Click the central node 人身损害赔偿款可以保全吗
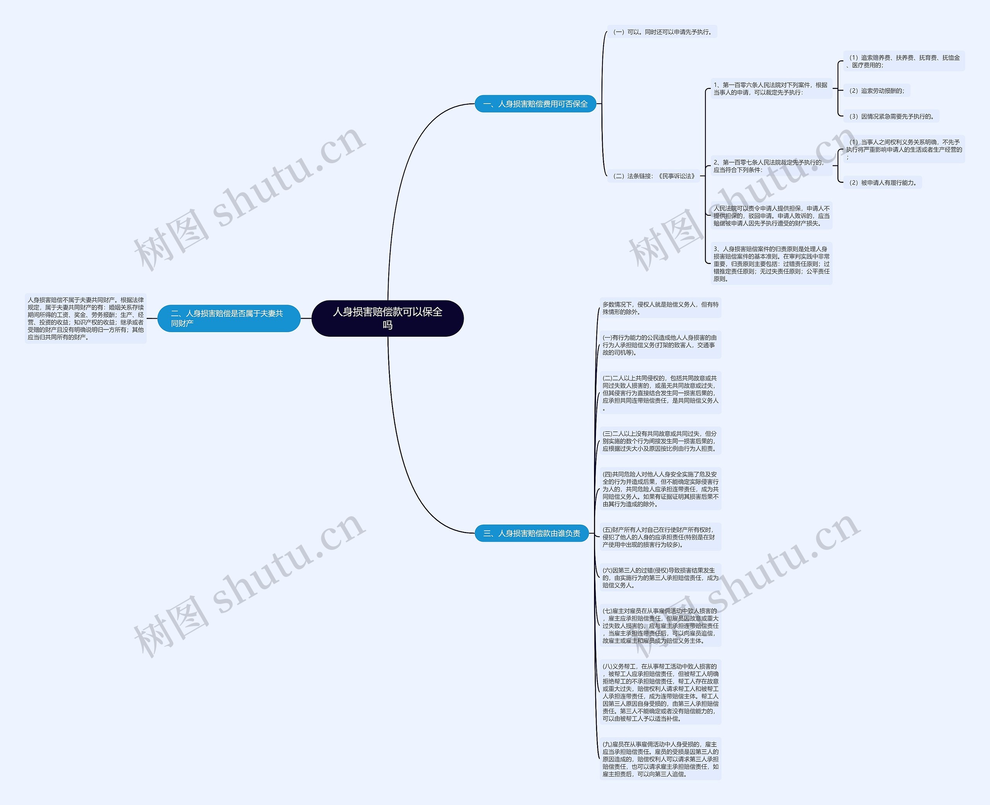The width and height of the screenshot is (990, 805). click(387, 318)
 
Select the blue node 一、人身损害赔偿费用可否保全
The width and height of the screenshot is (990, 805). click(535, 104)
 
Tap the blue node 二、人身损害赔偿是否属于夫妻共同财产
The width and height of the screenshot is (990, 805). click(229, 318)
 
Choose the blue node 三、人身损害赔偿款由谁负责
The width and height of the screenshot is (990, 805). click(531, 533)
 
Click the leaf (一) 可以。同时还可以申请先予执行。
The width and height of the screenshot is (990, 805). click(662, 32)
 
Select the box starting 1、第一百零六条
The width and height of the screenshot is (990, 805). click(771, 89)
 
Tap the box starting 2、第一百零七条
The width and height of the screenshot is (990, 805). click(771, 166)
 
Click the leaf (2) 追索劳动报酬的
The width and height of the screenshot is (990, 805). click(876, 91)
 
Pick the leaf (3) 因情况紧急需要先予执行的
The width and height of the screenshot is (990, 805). click(891, 116)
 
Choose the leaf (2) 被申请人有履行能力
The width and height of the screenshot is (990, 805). click(882, 183)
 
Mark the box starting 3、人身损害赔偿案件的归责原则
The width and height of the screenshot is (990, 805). click(772, 264)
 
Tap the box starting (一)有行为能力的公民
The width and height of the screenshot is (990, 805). click(660, 345)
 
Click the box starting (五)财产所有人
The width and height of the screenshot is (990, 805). click(660, 537)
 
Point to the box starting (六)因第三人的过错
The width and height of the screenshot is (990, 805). click(660, 578)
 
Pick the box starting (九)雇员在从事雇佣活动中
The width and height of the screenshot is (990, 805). click(660, 759)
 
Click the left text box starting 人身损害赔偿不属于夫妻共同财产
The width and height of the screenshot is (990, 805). click(86, 319)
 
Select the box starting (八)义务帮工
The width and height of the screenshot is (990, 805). click(660, 692)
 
